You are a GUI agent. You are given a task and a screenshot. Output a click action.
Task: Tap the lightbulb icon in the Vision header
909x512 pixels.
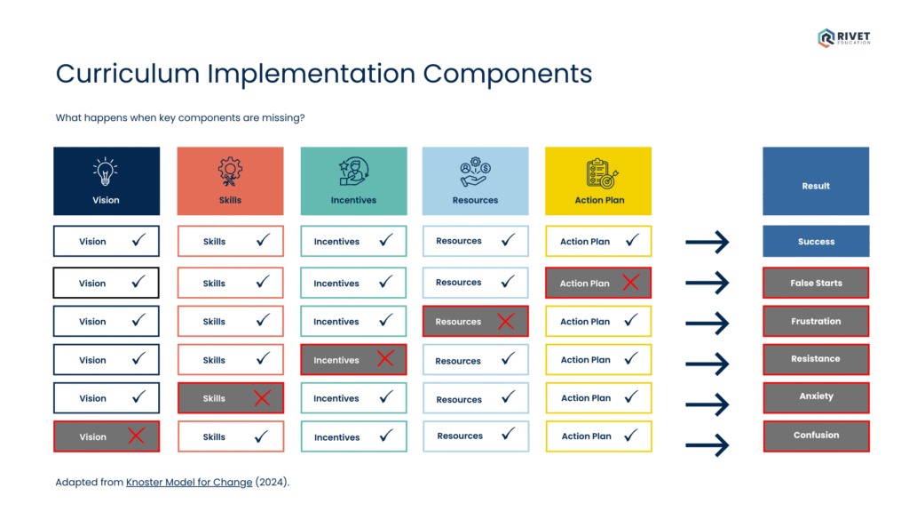(x=106, y=172)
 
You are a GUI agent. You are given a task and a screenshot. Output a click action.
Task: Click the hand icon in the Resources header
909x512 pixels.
(x=475, y=172)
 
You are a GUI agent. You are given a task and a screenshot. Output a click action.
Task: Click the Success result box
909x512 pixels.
(x=816, y=241)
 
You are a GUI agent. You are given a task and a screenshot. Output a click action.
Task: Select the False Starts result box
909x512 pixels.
(x=816, y=283)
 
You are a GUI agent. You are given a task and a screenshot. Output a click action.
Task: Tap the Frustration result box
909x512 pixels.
(x=816, y=321)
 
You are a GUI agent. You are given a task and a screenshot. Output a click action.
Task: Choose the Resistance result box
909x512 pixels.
(x=816, y=359)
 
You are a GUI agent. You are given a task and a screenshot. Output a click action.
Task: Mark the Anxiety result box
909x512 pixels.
(x=816, y=397)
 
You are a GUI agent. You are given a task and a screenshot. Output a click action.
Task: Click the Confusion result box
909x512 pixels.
(x=816, y=436)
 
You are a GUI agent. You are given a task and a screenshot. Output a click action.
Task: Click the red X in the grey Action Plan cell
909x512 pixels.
(x=630, y=283)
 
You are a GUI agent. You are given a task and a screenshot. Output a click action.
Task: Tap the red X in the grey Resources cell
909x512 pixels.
(x=506, y=321)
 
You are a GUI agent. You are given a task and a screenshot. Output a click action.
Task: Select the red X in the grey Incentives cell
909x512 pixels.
(x=385, y=359)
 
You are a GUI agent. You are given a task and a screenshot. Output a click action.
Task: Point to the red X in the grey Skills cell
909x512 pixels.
(x=262, y=398)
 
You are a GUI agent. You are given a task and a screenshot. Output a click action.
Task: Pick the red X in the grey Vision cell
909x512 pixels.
(x=136, y=436)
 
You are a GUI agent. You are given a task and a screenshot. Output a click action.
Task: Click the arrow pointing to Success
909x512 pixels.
(x=707, y=242)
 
